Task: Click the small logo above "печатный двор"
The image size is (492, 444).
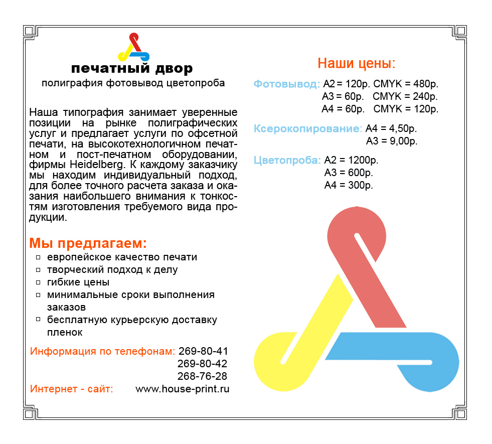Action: [133, 47]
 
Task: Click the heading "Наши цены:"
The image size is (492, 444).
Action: [357, 63]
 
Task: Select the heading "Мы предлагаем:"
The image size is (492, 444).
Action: [88, 244]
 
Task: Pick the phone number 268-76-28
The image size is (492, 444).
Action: [203, 376]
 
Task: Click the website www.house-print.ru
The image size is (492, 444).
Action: [183, 389]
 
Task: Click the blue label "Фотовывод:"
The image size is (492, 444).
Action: [286, 84]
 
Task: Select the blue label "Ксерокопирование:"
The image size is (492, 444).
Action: [307, 128]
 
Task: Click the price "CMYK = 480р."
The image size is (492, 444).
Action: [406, 84]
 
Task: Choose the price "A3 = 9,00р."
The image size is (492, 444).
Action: [392, 141]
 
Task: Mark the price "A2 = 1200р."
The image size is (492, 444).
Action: [352, 161]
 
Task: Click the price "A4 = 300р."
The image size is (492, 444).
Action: [349, 185]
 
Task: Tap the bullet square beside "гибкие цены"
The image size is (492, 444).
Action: [39, 282]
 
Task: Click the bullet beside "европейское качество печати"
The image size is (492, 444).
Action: [39, 257]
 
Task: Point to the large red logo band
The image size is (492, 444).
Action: [371, 266]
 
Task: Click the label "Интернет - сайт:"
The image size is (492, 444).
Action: [72, 389]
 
